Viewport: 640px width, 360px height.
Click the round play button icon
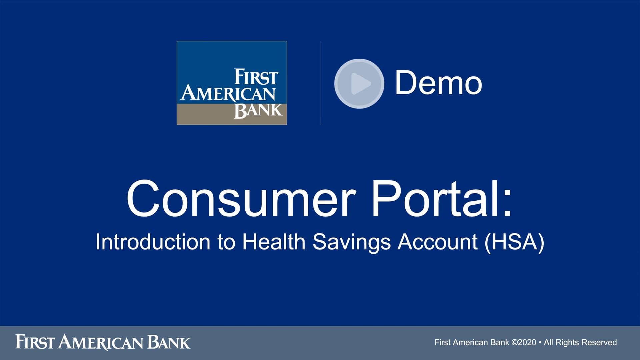click(x=359, y=83)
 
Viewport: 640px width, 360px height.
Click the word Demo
click(x=438, y=83)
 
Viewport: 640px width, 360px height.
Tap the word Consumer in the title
click(x=240, y=199)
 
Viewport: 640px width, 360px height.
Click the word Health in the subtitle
click(x=274, y=242)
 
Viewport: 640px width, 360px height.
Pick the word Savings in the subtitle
click(x=351, y=242)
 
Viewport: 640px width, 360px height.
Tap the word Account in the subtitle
click(x=437, y=242)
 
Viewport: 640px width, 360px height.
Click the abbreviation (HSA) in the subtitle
click(x=514, y=242)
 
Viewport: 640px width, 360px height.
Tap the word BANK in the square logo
click(x=258, y=111)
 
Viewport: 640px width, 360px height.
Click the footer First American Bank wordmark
click(x=103, y=342)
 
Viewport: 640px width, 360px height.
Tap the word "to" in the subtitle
click(x=226, y=242)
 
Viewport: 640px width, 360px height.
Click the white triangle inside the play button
click(x=360, y=83)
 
